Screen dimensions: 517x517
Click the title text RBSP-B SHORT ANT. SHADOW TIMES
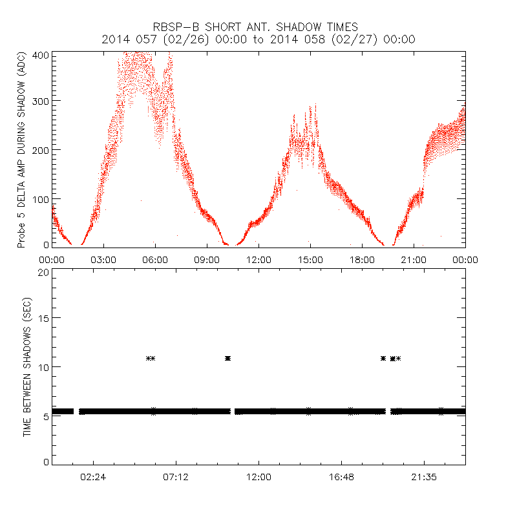[x=258, y=26]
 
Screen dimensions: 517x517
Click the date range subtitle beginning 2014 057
[x=258, y=39]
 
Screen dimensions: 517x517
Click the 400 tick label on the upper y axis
[x=41, y=55]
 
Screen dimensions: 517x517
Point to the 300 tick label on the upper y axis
[x=41, y=101]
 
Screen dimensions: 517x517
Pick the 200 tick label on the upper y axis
[x=41, y=150]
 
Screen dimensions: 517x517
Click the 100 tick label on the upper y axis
[x=41, y=198]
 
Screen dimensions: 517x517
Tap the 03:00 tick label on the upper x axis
[x=103, y=259]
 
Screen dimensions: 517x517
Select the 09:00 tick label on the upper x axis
[x=207, y=259]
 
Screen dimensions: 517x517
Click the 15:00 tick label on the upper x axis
[x=310, y=259]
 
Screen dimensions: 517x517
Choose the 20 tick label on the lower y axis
[x=44, y=272]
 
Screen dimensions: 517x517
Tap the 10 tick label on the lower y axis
[x=44, y=367]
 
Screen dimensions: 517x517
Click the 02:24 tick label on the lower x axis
[x=93, y=476]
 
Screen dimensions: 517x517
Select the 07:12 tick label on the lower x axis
[x=176, y=476]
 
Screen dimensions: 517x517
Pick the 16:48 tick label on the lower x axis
[x=341, y=476]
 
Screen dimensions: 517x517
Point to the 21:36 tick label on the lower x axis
[x=424, y=476]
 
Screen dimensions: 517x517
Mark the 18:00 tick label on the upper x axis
[x=362, y=259]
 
